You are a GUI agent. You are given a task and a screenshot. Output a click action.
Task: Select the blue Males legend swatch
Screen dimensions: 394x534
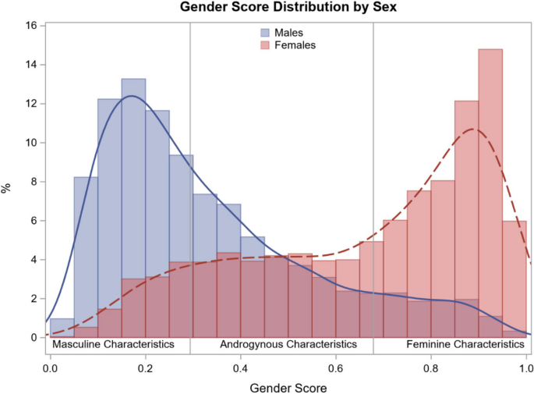point(265,34)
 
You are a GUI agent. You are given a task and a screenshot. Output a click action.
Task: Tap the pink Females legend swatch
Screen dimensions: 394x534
point(265,45)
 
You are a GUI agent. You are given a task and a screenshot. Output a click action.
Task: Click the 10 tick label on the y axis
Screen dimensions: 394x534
point(31,143)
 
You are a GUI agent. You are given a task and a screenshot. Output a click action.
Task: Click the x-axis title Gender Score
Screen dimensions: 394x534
point(288,386)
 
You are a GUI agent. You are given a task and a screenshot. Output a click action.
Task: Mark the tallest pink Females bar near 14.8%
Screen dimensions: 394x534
point(490,195)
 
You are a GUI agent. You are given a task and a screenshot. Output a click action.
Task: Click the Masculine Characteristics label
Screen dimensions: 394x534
point(111,344)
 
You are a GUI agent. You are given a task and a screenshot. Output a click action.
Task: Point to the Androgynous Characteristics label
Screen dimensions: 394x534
point(288,344)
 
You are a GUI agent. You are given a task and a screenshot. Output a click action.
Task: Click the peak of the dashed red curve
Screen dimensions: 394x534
point(471,129)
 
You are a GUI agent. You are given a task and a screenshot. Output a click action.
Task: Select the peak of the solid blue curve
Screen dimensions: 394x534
point(131,96)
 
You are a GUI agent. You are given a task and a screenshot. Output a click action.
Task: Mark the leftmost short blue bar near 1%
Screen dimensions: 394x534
point(62,328)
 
